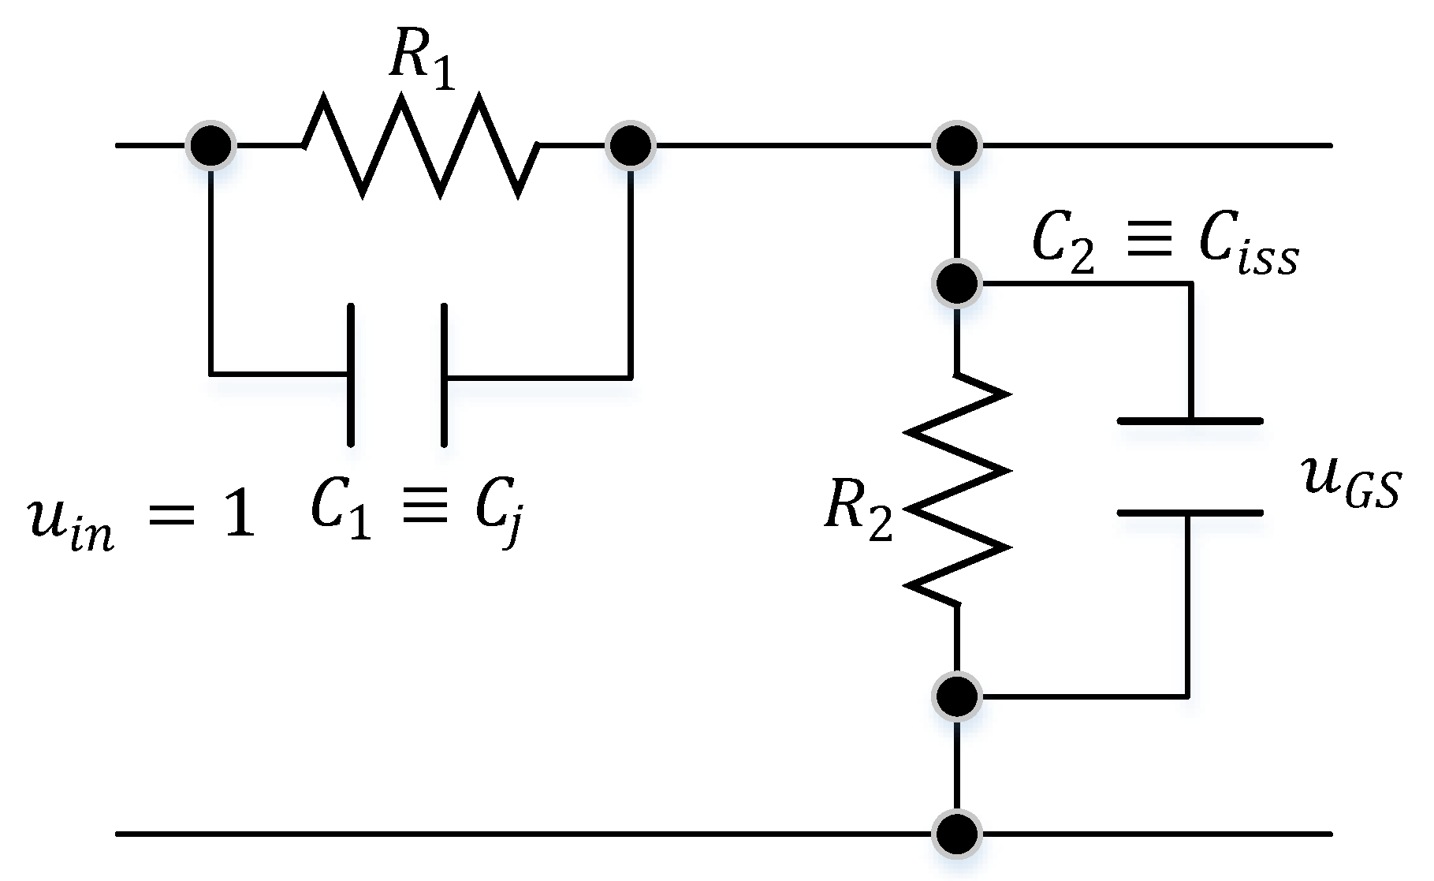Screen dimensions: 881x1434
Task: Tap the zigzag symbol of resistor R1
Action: tap(421, 146)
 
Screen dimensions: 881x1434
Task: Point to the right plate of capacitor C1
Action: tap(445, 375)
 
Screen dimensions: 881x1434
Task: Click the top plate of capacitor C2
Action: tap(1190, 421)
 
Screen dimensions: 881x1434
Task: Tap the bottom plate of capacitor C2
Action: tap(1190, 513)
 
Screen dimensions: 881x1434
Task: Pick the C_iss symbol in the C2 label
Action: tap(1249, 248)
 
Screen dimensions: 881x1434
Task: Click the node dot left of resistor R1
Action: tap(211, 146)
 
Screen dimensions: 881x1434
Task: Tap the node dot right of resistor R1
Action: tap(630, 146)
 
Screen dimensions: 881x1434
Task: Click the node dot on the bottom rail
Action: tap(956, 833)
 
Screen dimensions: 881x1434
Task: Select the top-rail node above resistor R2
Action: tap(956, 146)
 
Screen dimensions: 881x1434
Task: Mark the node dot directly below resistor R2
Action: tap(956, 696)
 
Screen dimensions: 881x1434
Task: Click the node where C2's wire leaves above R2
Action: tap(956, 282)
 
